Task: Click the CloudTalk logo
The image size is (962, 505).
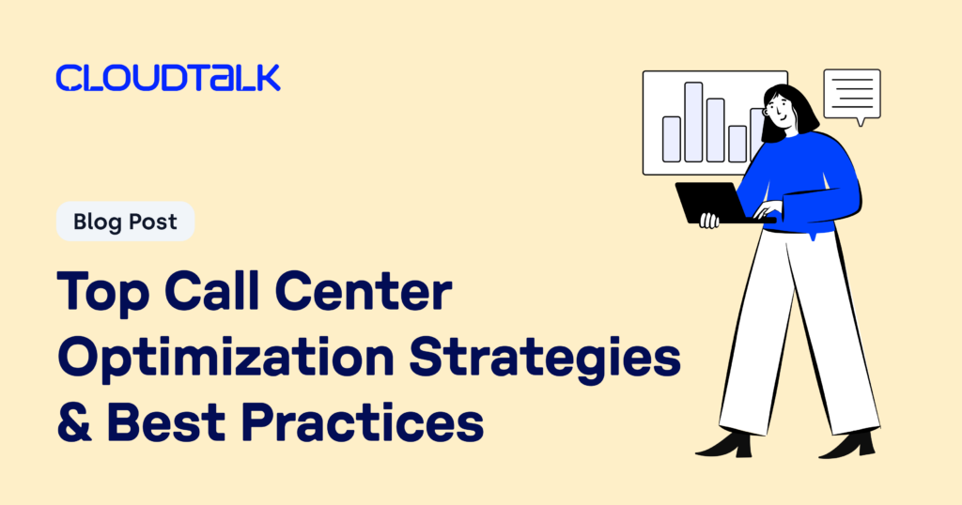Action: point(168,78)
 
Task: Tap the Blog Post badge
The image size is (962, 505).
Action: point(125,222)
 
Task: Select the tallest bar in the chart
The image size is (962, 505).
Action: point(693,122)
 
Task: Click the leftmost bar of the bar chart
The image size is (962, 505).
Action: point(671,139)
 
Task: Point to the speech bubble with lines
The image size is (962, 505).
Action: point(852,95)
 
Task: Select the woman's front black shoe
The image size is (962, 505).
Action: point(724,444)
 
